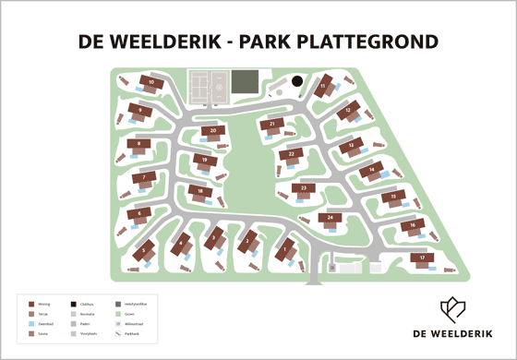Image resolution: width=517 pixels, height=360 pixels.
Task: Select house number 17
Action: pyautogui.click(x=423, y=258)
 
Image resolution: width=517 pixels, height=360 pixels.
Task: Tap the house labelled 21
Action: pyautogui.click(x=272, y=125)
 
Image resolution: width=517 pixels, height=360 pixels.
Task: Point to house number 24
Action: pyautogui.click(x=330, y=219)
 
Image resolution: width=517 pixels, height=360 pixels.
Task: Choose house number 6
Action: pyautogui.click(x=139, y=214)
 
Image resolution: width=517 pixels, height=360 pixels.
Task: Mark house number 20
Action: pyautogui.click(x=214, y=131)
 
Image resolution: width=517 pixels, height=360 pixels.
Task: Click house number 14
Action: pyautogui.click(x=372, y=169)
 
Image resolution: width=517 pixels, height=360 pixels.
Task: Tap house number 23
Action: pyautogui.click(x=303, y=188)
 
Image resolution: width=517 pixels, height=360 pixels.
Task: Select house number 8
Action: pyautogui.click(x=139, y=144)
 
